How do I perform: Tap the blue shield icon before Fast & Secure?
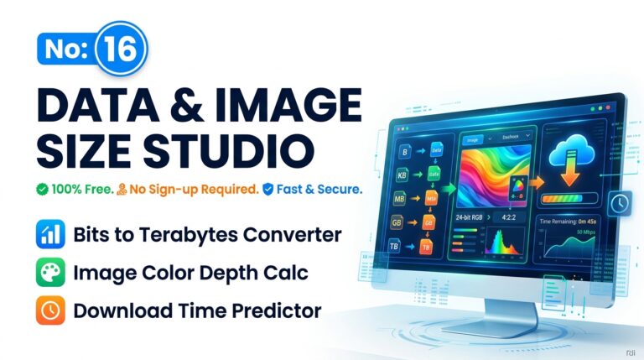268,190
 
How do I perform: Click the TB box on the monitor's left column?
394,247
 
